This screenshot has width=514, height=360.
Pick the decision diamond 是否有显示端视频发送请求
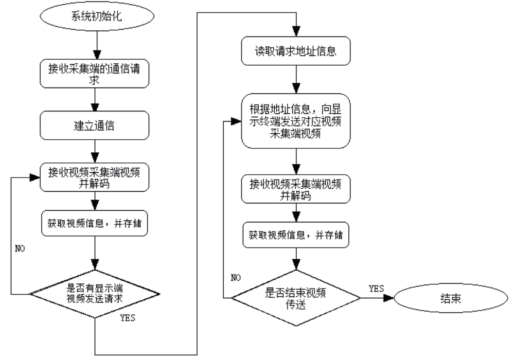(95, 293)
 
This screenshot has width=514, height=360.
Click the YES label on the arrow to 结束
(376, 288)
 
